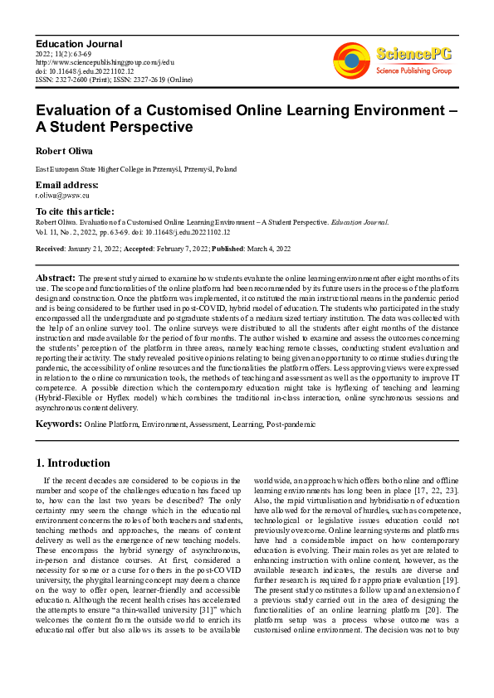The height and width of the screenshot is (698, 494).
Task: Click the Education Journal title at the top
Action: [x=79, y=43]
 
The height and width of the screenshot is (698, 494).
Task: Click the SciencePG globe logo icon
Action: [x=352, y=61]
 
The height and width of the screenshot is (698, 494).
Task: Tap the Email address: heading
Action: [x=66, y=185]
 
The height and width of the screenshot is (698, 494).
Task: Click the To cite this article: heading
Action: [x=75, y=212]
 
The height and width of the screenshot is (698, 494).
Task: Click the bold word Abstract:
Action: [x=56, y=276]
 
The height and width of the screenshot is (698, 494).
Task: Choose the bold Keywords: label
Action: [x=58, y=424]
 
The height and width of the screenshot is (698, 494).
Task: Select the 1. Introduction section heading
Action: [x=73, y=463]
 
